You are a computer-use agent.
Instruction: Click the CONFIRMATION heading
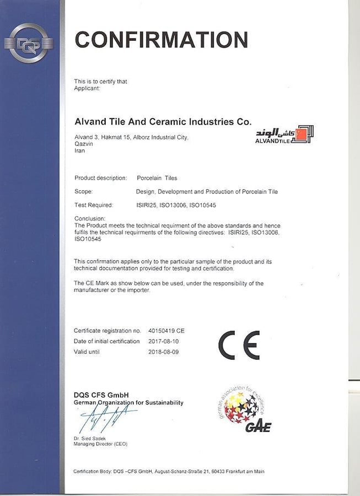(161, 40)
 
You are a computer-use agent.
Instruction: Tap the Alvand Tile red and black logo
(284, 134)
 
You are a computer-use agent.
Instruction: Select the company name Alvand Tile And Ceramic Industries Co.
(163, 121)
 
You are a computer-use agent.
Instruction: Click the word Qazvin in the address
(83, 144)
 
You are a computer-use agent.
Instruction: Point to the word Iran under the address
(79, 150)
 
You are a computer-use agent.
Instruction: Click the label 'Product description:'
(101, 178)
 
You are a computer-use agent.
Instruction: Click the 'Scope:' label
(83, 192)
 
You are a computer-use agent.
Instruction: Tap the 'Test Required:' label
(94, 205)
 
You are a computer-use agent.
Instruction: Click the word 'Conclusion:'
(89, 219)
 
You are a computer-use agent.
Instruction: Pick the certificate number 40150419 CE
(166, 331)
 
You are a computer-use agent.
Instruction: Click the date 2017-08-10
(163, 341)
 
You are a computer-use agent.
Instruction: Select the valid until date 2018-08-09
(163, 352)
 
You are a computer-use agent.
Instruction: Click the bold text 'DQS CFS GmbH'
(101, 395)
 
